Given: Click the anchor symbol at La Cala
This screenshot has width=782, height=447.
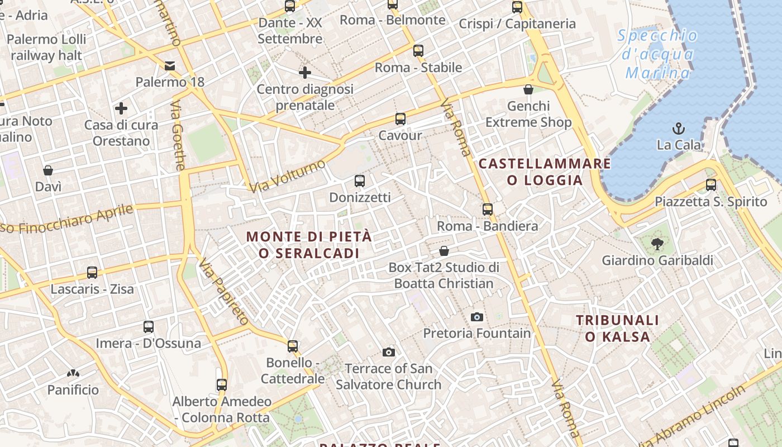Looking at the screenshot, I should coord(679,129).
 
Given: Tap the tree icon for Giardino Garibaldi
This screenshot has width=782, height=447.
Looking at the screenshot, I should coord(657,244).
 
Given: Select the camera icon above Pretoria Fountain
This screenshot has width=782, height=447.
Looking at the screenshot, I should coord(476,317).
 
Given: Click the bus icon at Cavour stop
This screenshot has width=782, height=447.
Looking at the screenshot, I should coord(400,119).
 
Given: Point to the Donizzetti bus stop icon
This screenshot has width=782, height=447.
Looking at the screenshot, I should coord(360,181).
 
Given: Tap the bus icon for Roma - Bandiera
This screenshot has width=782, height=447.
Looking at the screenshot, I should coord(488,210).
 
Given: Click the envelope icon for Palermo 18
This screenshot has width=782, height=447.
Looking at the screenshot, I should coord(170,66).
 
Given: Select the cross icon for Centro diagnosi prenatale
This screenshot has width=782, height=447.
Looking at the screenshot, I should coord(304,73).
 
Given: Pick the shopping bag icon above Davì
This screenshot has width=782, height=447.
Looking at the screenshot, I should coord(48,170).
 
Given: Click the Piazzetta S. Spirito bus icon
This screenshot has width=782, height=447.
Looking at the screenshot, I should coord(711,185).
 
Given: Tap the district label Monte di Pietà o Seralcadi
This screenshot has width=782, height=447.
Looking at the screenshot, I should coord(309,245).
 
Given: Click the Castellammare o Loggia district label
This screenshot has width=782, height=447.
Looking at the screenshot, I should coord(545,172).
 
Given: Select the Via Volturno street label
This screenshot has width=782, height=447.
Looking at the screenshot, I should coord(287,176).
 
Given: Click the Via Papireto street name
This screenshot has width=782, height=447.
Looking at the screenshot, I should coord(223,292).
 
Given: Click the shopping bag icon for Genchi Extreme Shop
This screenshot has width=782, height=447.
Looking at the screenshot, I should coord(528,89).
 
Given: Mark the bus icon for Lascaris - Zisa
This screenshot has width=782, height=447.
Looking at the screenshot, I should coord(92,273).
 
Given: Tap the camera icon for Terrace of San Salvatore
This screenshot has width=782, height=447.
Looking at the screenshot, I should coord(389,352).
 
